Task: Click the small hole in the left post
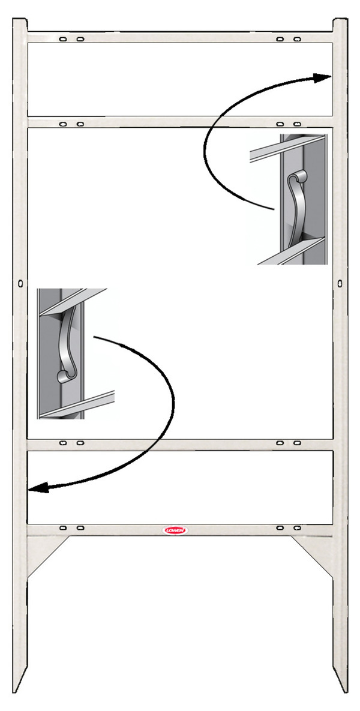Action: coord(20,283)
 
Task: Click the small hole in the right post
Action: coord(340,281)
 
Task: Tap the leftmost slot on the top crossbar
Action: coord(63,39)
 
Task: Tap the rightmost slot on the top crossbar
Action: coord(297,39)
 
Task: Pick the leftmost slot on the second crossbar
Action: coord(63,124)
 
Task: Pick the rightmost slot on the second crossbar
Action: coord(297,124)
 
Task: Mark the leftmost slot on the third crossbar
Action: coord(63,443)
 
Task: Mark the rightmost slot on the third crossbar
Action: coord(297,443)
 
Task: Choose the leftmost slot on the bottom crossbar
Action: coord(63,528)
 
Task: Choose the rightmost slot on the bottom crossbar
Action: coord(297,528)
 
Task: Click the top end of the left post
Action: coord(20,22)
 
